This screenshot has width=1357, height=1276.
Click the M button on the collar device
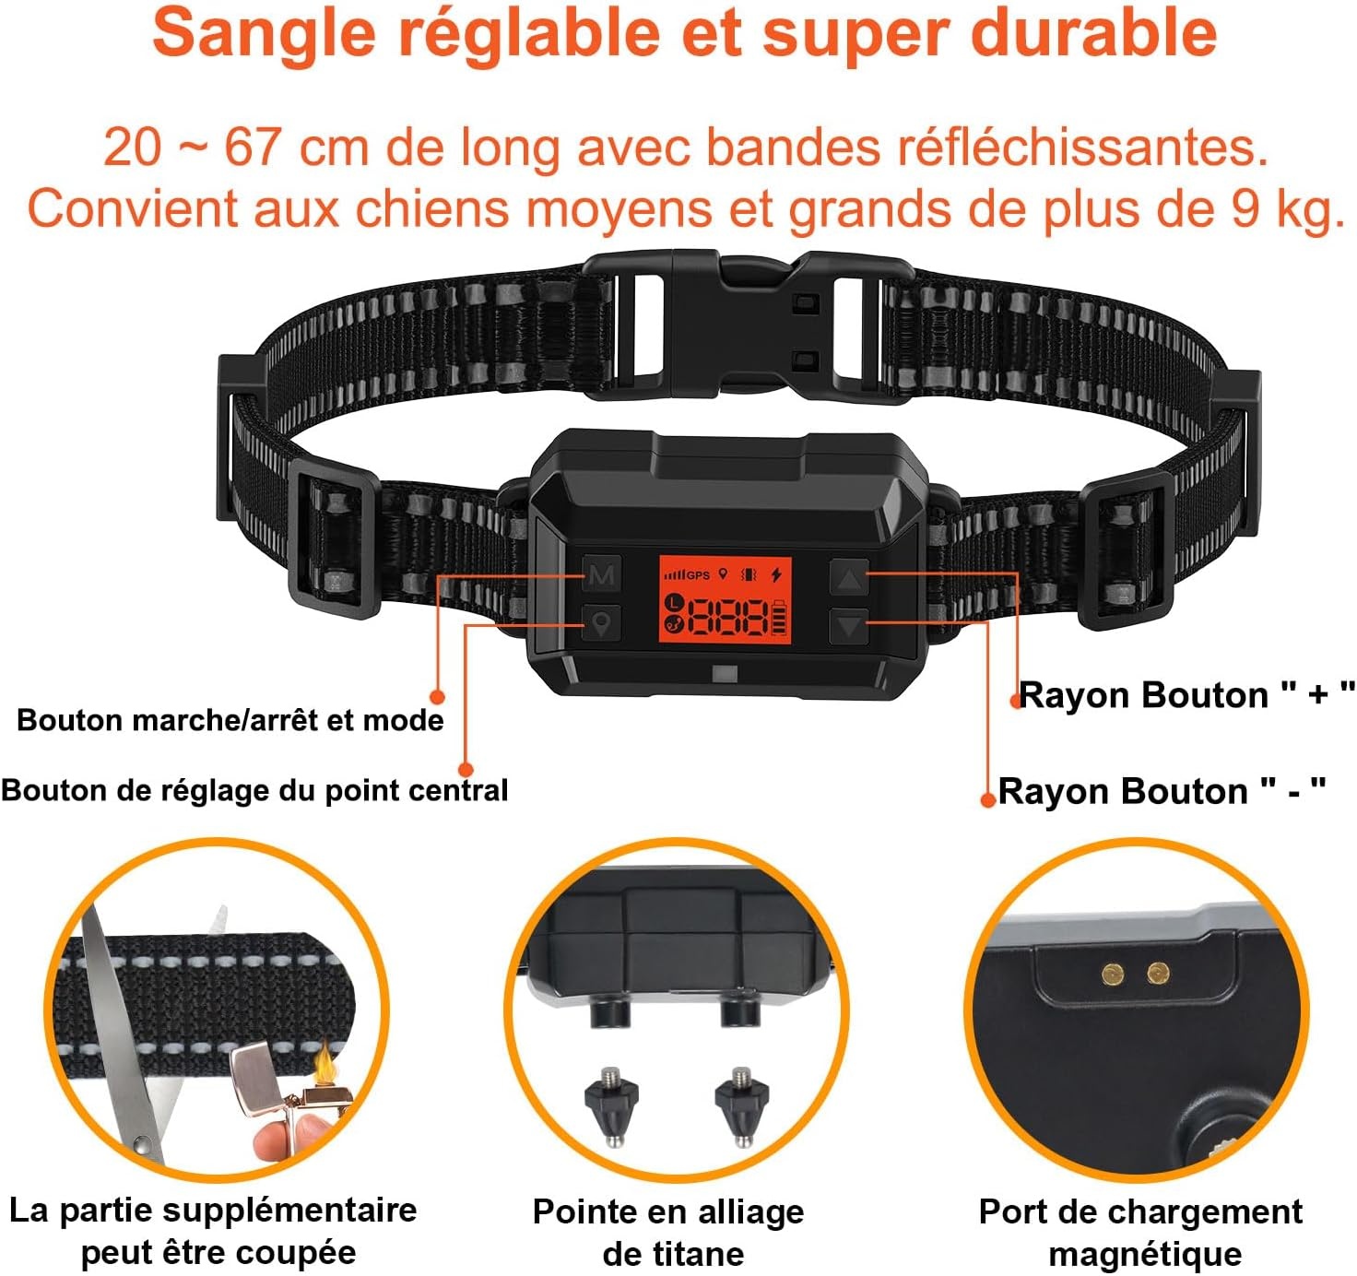pyautogui.click(x=601, y=575)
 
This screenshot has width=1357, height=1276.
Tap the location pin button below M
pyautogui.click(x=601, y=623)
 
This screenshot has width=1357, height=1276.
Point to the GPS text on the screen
pyautogui.click(x=698, y=575)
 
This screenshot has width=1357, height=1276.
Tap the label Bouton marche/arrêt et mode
pyautogui.click(x=230, y=720)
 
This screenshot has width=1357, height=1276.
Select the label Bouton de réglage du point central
pyautogui.click(x=254, y=790)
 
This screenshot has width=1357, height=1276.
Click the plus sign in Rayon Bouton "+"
pyautogui.click(x=1317, y=694)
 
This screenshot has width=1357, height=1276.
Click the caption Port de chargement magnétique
pyautogui.click(x=1141, y=1232)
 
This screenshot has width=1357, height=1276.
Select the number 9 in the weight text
pyautogui.click(x=1245, y=209)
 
